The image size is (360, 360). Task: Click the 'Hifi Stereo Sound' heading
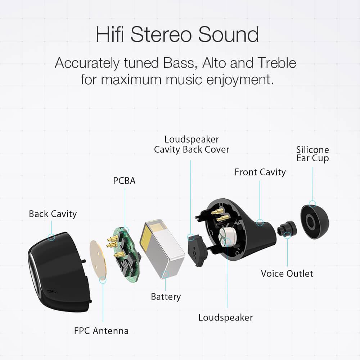click(x=177, y=35)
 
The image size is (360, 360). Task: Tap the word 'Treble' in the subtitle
click(x=276, y=63)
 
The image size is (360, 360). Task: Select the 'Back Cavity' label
click(x=53, y=214)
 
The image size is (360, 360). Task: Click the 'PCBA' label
click(x=124, y=181)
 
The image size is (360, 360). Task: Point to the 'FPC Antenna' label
click(x=101, y=331)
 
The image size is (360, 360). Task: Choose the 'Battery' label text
click(x=166, y=297)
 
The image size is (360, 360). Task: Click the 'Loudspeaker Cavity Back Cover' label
click(x=192, y=144)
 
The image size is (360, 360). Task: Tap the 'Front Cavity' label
click(x=260, y=172)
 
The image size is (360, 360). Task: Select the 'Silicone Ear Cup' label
click(x=312, y=154)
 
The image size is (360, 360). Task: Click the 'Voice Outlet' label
click(x=287, y=274)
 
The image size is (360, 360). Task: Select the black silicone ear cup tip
click(x=315, y=221)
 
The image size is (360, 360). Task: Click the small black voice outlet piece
click(x=287, y=229)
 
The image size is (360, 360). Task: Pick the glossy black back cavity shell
click(x=59, y=272)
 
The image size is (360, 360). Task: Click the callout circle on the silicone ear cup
click(x=312, y=204)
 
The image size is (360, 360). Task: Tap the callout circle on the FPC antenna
click(x=103, y=280)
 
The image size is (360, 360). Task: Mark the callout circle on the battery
click(x=166, y=274)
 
